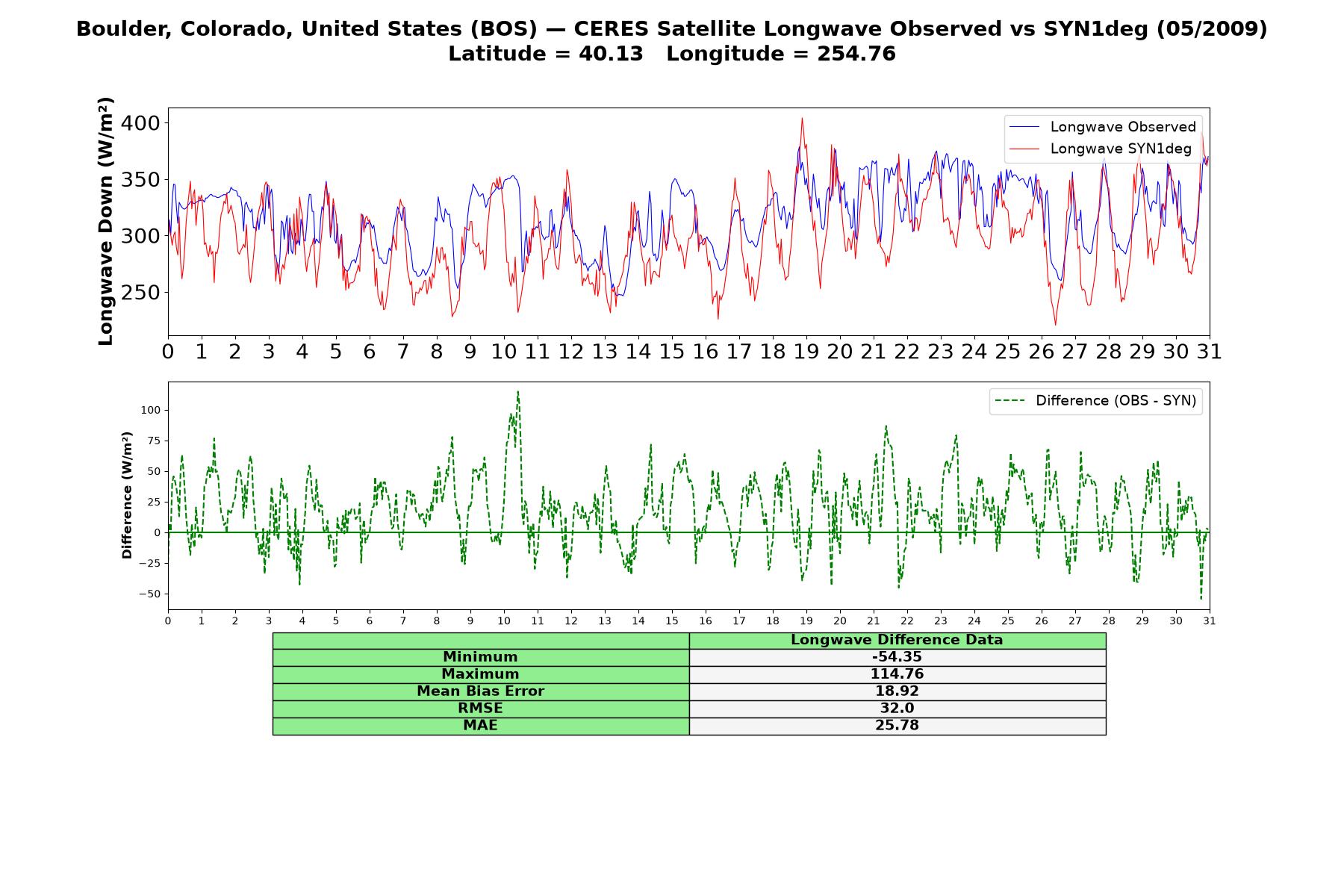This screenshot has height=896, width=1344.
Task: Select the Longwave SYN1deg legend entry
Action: point(1101,149)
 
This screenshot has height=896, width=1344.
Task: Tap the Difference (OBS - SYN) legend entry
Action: point(1096,401)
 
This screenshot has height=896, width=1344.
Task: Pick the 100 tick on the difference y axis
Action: point(150,410)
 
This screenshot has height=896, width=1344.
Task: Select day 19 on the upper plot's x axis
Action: point(806,351)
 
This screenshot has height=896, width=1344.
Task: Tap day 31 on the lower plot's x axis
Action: point(1210,620)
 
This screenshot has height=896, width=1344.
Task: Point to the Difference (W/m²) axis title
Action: point(127,495)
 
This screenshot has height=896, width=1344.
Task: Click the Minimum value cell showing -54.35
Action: point(897,657)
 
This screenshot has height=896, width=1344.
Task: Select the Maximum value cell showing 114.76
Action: point(897,674)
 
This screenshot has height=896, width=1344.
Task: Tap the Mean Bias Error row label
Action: point(480,691)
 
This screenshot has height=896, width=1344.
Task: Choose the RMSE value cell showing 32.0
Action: point(897,709)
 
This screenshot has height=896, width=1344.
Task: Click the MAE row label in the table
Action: point(480,726)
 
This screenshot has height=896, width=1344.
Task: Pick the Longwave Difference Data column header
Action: point(897,640)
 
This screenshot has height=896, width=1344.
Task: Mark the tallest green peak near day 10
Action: point(517,392)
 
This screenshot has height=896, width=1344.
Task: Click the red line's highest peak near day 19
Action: point(802,118)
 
